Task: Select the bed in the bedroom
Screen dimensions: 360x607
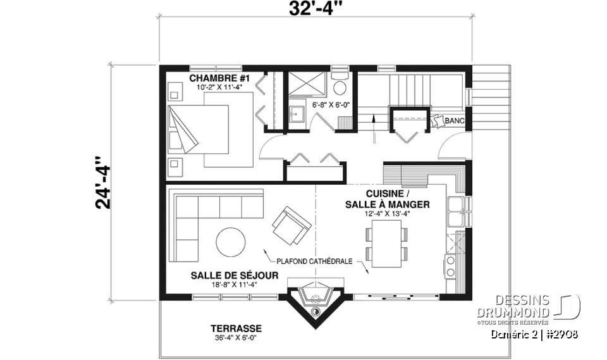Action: [x=199, y=130]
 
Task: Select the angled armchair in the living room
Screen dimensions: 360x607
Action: [x=291, y=225]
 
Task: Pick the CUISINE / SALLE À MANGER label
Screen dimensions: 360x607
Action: [x=388, y=199]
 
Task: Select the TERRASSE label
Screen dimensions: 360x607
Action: [x=236, y=329]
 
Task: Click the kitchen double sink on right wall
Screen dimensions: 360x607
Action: [x=455, y=211]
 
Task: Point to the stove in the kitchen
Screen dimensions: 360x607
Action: [x=453, y=266]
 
